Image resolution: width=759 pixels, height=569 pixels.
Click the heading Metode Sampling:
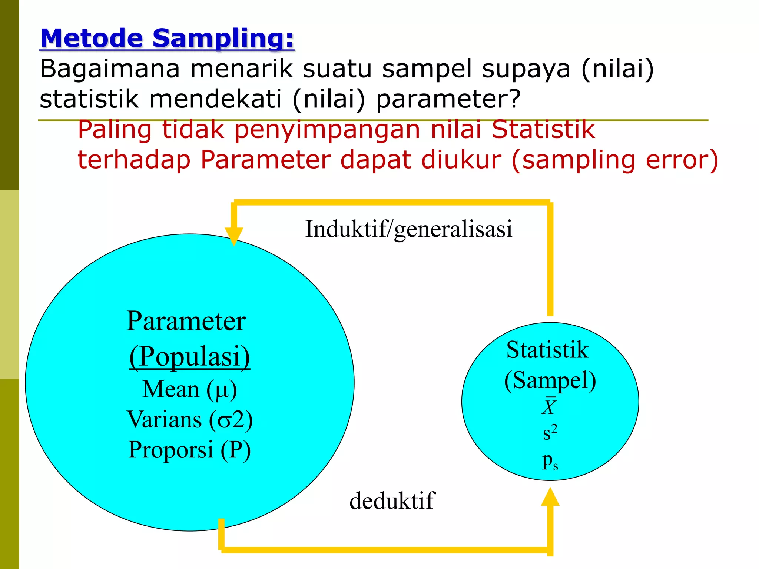click(x=167, y=39)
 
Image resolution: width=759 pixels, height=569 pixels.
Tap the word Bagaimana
click(x=110, y=69)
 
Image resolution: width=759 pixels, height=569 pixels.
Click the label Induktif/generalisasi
click(x=408, y=229)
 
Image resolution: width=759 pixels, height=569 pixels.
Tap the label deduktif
click(x=392, y=501)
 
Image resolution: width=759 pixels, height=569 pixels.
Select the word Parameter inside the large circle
click(x=186, y=321)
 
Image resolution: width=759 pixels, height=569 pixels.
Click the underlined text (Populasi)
click(x=189, y=356)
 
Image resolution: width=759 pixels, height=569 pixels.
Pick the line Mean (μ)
click(x=189, y=389)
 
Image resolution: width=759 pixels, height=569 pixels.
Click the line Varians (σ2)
click(x=189, y=420)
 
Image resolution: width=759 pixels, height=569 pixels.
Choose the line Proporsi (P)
click(x=189, y=450)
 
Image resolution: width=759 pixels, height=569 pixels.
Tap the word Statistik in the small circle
click(x=547, y=350)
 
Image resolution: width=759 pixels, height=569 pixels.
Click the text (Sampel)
click(x=550, y=380)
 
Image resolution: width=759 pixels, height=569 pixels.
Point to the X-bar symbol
click(x=549, y=406)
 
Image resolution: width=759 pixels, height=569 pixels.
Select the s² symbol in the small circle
click(x=550, y=432)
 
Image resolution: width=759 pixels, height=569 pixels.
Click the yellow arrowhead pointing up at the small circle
click(x=550, y=497)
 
